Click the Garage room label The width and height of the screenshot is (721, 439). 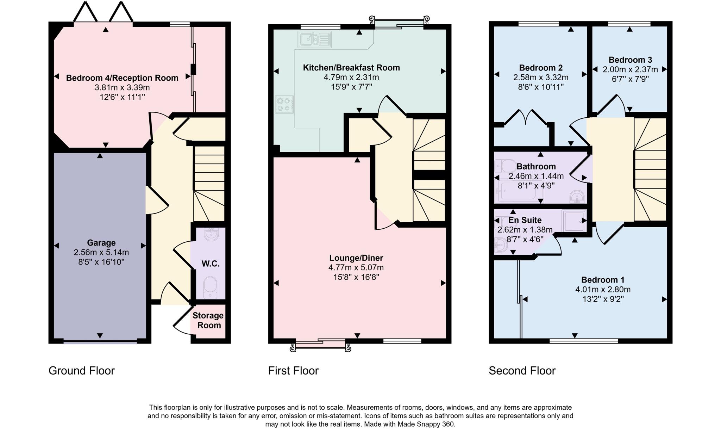point(101,243)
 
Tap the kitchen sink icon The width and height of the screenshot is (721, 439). point(314,39)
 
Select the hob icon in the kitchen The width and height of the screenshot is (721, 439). point(284,104)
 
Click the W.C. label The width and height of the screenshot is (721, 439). point(211,264)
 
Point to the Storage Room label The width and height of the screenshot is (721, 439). point(208,320)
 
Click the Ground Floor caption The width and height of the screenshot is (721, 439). point(81,371)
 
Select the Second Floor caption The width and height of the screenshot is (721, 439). point(522,371)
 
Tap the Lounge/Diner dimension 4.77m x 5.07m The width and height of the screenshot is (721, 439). point(356,267)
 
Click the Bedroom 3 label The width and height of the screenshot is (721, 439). point(630,60)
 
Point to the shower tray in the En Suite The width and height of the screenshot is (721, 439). point(574,221)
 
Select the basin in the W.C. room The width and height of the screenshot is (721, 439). point(211,234)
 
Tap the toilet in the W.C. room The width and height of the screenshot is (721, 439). point(211,286)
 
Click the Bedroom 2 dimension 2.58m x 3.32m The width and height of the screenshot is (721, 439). point(540,77)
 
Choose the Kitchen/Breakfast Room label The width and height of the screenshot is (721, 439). point(351,68)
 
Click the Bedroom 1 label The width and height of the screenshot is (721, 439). point(602,280)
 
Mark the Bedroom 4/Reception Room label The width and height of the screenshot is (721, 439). point(122,78)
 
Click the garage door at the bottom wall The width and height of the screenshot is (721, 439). point(100,341)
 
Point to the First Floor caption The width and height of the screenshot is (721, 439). point(293,371)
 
